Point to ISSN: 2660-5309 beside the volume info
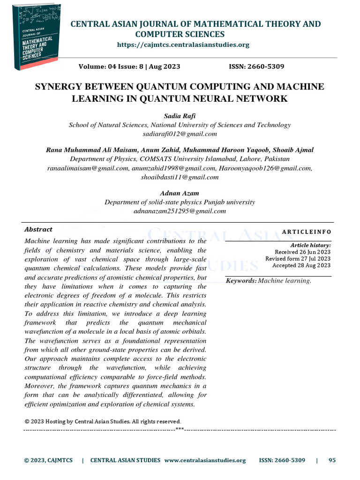click(x=256, y=67)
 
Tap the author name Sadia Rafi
click(x=180, y=116)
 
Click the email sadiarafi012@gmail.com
click(x=180, y=134)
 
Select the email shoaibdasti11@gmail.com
click(x=180, y=177)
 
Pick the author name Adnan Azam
click(x=180, y=193)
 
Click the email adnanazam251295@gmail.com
click(x=180, y=211)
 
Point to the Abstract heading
click(x=38, y=229)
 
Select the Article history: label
click(x=310, y=245)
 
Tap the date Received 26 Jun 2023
click(x=302, y=252)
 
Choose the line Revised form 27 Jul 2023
click(x=298, y=258)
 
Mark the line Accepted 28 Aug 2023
click(x=301, y=265)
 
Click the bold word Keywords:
click(x=241, y=280)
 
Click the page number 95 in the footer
click(x=332, y=460)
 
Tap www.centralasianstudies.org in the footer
click(x=205, y=460)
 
